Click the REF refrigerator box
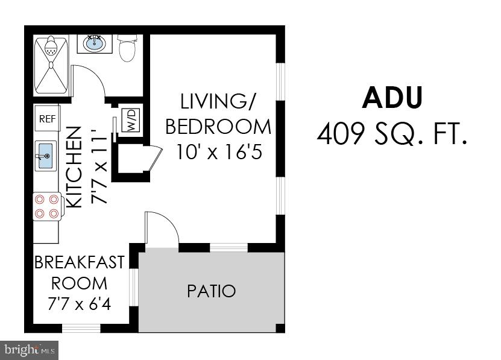click(x=47, y=119)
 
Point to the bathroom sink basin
click(x=94, y=43)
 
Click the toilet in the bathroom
click(x=127, y=48)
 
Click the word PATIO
click(x=211, y=291)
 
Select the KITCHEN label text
click(x=74, y=167)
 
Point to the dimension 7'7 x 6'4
click(x=79, y=304)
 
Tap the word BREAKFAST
click(x=79, y=262)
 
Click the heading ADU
click(x=392, y=98)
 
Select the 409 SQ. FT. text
click(x=392, y=134)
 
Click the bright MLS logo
click(x=29, y=349)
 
